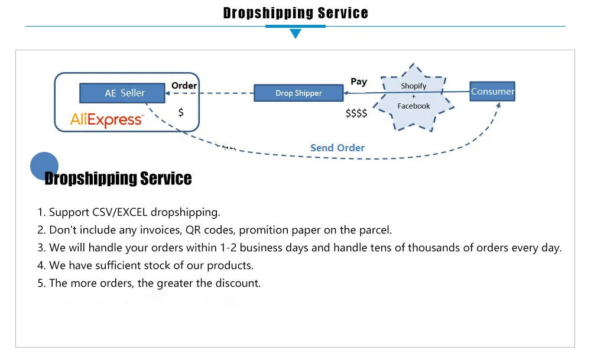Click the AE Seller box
click(x=124, y=93)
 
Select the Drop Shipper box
click(x=298, y=93)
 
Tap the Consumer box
click(x=492, y=91)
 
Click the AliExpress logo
click(x=106, y=120)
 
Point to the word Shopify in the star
click(x=413, y=86)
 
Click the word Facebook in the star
click(x=413, y=106)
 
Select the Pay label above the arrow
click(x=358, y=82)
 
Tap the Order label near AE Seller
click(x=184, y=85)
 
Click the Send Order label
click(x=337, y=148)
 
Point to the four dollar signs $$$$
click(x=356, y=113)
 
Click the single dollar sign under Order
click(x=181, y=112)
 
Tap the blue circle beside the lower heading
click(x=44, y=165)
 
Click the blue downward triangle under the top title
click(x=295, y=33)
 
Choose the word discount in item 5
click(x=239, y=283)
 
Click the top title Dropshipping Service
click(x=295, y=13)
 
